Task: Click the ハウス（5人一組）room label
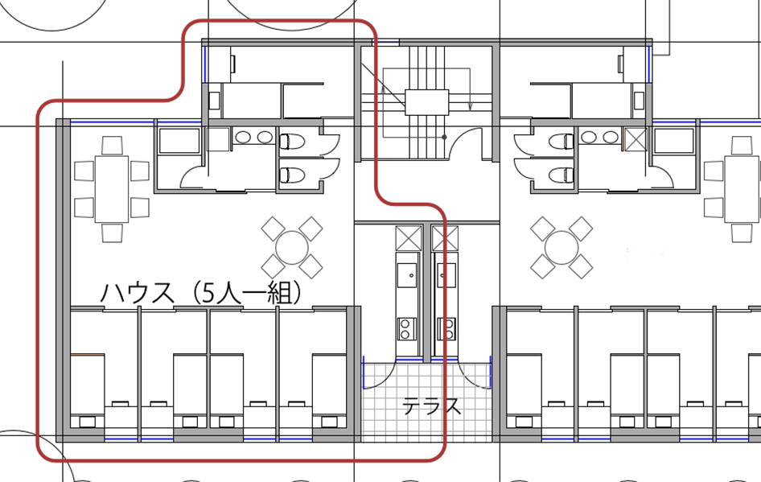[x=200, y=293]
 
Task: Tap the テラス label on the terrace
[x=431, y=406]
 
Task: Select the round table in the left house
[x=292, y=248]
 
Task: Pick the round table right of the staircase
[x=561, y=248]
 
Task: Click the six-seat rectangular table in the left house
[x=112, y=189]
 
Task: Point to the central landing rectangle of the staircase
[x=427, y=102]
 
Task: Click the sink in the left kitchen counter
[x=407, y=275]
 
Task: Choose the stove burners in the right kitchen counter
[x=446, y=328]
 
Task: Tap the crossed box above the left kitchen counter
[x=408, y=238]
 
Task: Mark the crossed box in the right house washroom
[x=636, y=139]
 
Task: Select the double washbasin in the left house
[x=254, y=137]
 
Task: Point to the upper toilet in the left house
[x=292, y=142]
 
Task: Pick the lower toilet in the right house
[x=562, y=175]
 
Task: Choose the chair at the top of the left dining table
[x=112, y=146]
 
